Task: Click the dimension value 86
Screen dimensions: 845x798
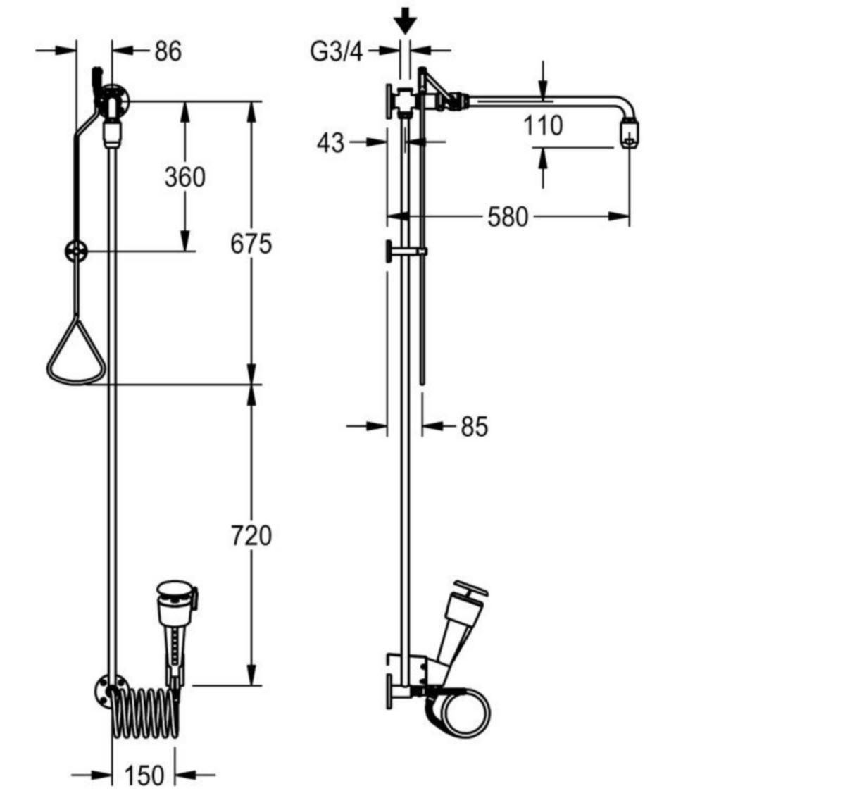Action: (168, 51)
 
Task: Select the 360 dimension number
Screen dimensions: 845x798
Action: (185, 177)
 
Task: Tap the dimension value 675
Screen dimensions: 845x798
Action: (251, 244)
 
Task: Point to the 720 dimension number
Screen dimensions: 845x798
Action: (251, 535)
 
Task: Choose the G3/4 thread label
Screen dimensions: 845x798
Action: (336, 52)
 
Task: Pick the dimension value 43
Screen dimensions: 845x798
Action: (330, 143)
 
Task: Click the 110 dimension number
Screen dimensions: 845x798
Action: (542, 125)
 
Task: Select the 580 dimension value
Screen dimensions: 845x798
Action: (508, 217)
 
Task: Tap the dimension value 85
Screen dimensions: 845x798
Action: (475, 426)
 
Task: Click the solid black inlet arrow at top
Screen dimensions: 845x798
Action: (405, 20)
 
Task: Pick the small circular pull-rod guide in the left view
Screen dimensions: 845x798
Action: (77, 252)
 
